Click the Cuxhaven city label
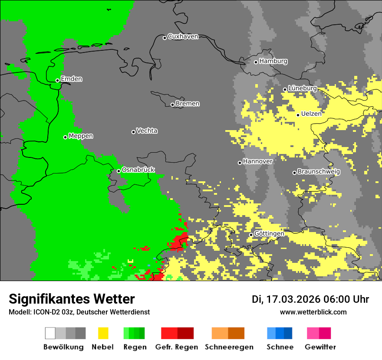(183, 36)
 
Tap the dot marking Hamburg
(256, 62)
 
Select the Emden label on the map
(71, 79)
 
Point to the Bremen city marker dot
(172, 105)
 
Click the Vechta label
(147, 131)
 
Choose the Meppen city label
(81, 136)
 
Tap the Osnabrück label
(138, 170)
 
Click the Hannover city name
(257, 161)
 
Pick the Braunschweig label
(319, 171)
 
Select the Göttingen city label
(269, 233)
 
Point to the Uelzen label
(311, 114)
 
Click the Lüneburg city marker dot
(285, 89)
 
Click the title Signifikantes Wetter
(72, 299)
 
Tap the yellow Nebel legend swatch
(103, 333)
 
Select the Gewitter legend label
(320, 347)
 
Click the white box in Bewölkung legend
(50, 333)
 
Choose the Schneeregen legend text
(229, 347)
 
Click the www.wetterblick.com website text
(313, 312)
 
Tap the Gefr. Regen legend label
(176, 347)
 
